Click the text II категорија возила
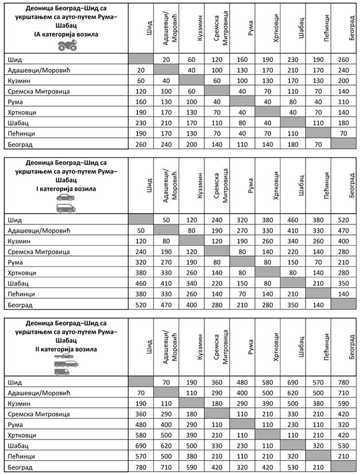pos(66,349)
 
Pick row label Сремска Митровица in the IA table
pos(37,92)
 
